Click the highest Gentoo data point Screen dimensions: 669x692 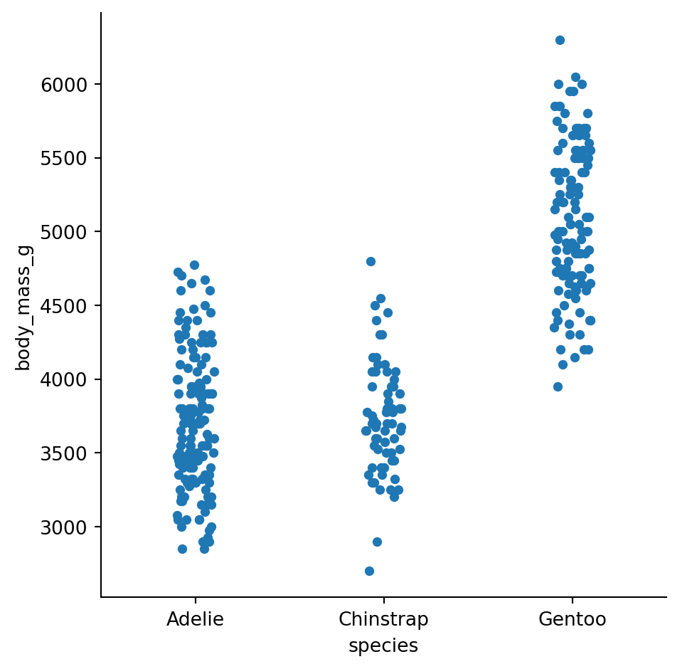click(560, 40)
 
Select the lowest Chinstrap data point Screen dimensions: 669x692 click(369, 571)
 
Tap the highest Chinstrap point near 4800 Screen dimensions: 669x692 click(371, 261)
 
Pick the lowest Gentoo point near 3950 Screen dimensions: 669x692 click(558, 386)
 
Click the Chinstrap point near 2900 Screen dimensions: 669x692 click(377, 542)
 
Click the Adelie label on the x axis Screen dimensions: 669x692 click(195, 619)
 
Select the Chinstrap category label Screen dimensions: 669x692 click(383, 619)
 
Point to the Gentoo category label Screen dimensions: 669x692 click(572, 619)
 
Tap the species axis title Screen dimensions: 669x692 click(383, 646)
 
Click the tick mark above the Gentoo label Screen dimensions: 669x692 click(572, 599)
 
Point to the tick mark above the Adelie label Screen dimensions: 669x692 click(195, 599)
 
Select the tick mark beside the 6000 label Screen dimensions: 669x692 click(98, 84)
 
